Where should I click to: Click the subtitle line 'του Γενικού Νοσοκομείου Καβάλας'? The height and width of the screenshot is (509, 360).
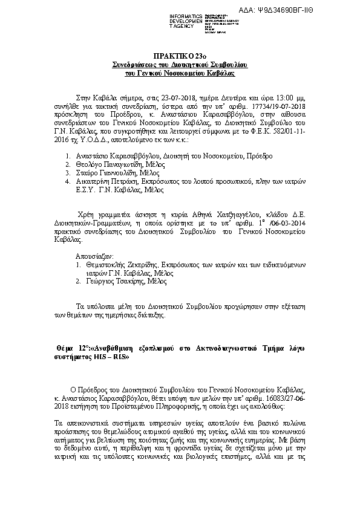180,72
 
